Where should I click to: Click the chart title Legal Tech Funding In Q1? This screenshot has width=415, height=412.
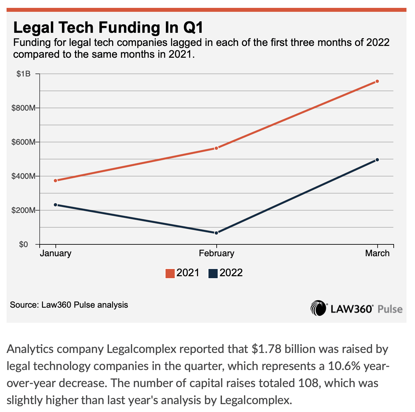pyautogui.click(x=108, y=28)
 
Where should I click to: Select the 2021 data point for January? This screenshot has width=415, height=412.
pyautogui.click(x=55, y=180)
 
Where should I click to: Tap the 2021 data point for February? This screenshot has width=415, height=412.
pyautogui.click(x=216, y=148)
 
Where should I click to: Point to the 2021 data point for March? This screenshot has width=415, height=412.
pyautogui.click(x=377, y=81)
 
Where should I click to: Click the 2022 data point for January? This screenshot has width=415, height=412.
pyautogui.click(x=55, y=205)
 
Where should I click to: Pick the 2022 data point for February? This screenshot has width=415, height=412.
pyautogui.click(x=216, y=233)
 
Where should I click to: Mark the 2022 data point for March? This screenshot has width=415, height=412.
pyautogui.click(x=377, y=160)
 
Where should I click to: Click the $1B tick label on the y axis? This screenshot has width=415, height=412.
pyautogui.click(x=23, y=74)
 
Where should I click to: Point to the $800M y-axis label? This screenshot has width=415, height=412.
pyautogui.click(x=23, y=108)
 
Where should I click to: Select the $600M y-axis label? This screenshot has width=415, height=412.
pyautogui.click(x=23, y=142)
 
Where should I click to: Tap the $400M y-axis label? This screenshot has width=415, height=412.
pyautogui.click(x=23, y=176)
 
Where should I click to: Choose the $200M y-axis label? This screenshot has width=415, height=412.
pyautogui.click(x=23, y=210)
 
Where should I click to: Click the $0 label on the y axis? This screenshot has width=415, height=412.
pyautogui.click(x=23, y=244)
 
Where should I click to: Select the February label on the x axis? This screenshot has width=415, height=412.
pyautogui.click(x=217, y=253)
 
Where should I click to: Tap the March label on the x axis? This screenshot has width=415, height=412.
pyautogui.click(x=377, y=253)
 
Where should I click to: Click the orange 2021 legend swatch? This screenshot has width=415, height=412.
pyautogui.click(x=170, y=273)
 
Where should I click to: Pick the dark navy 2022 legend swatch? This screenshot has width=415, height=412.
pyautogui.click(x=213, y=273)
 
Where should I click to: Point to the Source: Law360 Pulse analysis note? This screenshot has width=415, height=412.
pyautogui.click(x=69, y=305)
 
